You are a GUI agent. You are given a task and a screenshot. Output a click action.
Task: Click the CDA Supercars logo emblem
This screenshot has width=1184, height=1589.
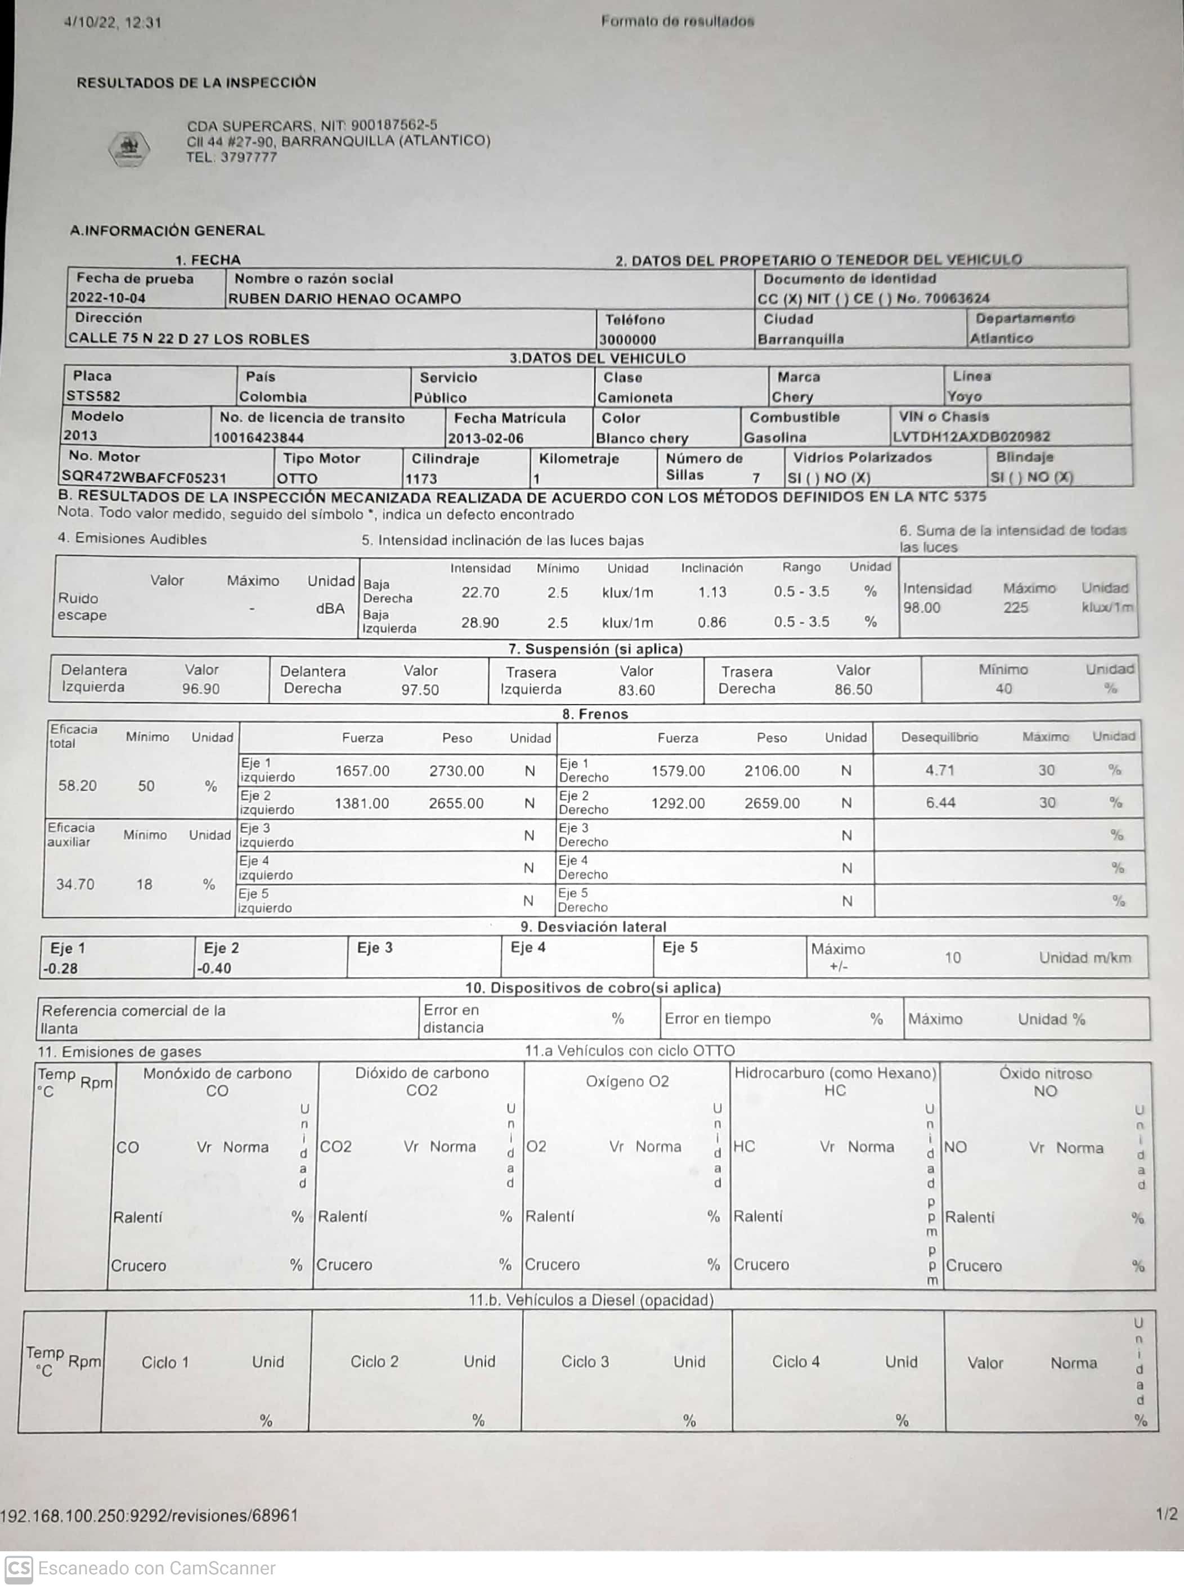[129, 149]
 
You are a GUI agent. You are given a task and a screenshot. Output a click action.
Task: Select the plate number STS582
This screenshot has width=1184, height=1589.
[93, 396]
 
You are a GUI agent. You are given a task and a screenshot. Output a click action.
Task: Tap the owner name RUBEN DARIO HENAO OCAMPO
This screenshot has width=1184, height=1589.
[344, 298]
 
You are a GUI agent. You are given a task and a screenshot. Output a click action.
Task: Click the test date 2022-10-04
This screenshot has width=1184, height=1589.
[107, 297]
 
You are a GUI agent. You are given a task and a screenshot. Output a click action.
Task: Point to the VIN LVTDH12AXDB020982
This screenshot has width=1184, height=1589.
[971, 436]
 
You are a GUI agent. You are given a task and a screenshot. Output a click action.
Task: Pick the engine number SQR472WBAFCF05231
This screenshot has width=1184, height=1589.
[143, 477]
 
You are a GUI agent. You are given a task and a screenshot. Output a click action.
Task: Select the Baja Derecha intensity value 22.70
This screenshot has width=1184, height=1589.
[480, 592]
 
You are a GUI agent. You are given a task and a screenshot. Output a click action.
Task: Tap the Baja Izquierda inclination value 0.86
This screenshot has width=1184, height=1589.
[712, 622]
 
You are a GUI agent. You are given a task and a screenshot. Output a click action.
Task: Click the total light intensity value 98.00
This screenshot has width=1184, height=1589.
[921, 608]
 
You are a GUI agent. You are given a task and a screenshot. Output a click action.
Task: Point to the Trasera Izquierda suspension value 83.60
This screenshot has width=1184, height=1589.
[636, 690]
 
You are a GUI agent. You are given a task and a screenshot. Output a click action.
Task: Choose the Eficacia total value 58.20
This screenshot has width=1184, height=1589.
[78, 786]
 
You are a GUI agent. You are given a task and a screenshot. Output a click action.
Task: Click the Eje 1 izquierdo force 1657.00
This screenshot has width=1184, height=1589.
[362, 771]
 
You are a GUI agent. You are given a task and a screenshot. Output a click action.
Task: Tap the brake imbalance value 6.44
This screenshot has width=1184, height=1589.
[940, 803]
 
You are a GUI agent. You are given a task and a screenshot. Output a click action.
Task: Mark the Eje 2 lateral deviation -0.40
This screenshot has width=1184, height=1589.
[214, 968]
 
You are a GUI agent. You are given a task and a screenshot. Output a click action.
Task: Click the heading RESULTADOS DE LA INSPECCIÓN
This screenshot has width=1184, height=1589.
[196, 82]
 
